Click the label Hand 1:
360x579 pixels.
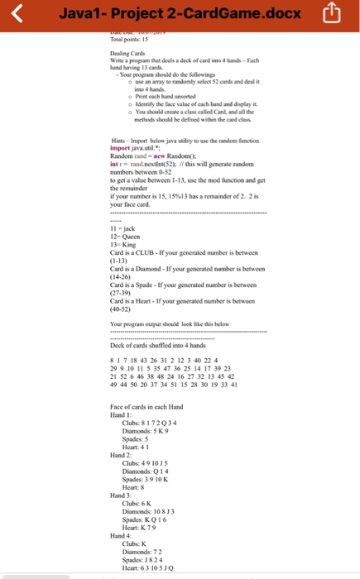coord(121,414)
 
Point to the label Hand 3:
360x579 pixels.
coord(121,494)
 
